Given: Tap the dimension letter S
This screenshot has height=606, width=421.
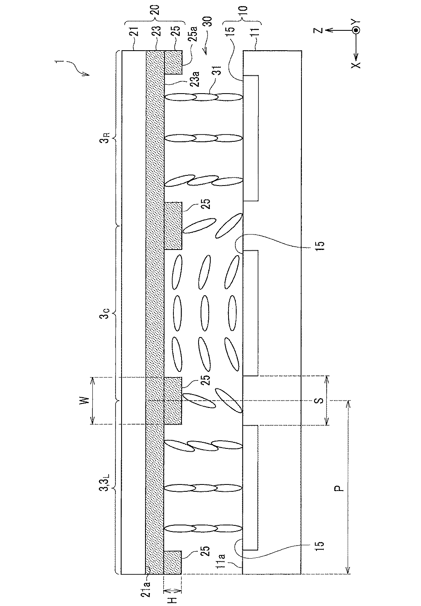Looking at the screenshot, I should pyautogui.click(x=319, y=401).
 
